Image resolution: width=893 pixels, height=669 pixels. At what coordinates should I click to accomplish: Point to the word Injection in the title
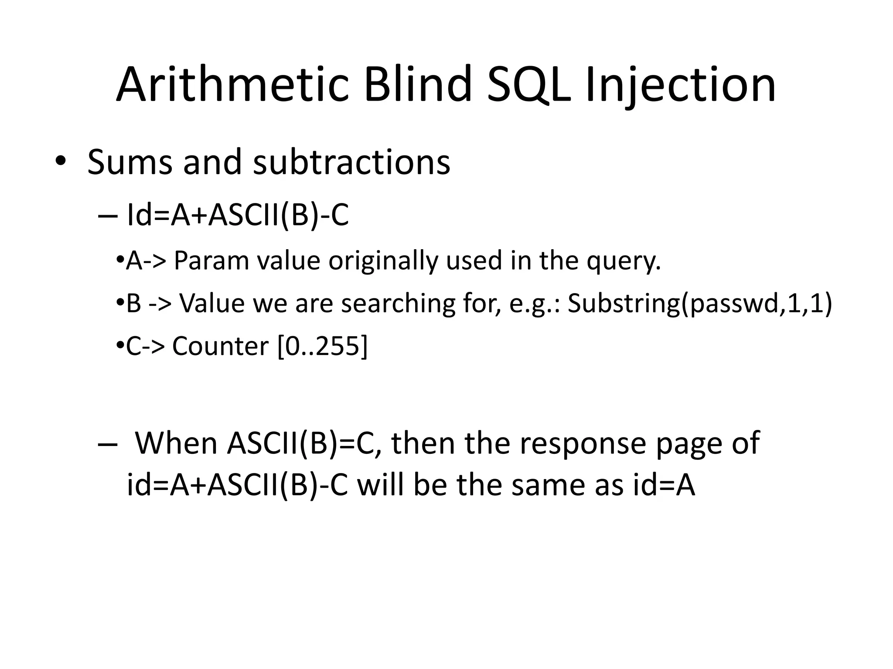coord(680,85)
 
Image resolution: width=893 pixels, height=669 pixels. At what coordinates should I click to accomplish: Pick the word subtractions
coord(351,162)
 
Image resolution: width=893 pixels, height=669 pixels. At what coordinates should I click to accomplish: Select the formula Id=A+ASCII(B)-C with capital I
coord(238,216)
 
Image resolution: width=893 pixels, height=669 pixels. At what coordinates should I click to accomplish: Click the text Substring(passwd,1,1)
coord(700,304)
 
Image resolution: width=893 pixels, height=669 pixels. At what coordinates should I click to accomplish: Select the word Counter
coord(221,346)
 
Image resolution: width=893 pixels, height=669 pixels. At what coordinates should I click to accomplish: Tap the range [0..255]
coord(322,346)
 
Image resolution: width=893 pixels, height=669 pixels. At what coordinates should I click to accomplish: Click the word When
coord(177,443)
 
